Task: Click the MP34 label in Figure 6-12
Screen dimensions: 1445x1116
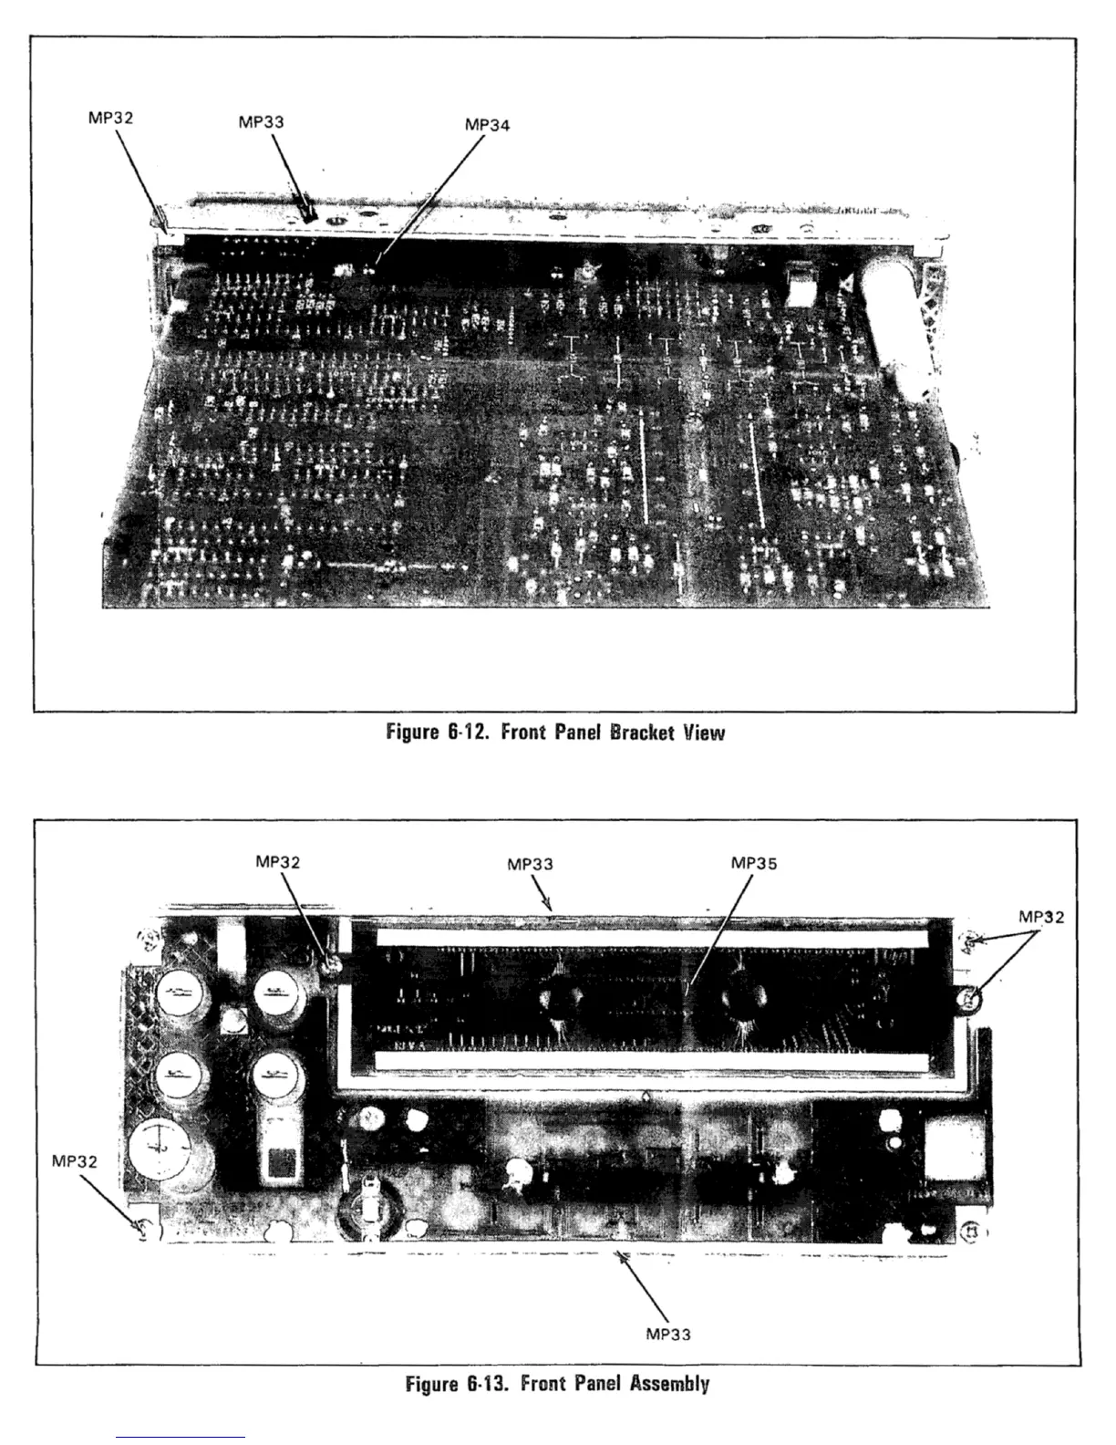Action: coord(487,125)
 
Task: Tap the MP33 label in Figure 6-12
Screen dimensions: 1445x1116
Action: coord(261,121)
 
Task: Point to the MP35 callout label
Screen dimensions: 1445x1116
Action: coord(754,863)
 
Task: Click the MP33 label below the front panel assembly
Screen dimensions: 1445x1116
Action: coord(668,1334)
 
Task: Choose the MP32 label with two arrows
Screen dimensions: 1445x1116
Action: coord(1040,917)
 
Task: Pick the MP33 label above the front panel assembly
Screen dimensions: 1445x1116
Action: coord(530,864)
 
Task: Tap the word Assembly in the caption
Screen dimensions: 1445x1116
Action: coord(669,1383)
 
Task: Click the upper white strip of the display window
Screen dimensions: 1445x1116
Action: coord(651,937)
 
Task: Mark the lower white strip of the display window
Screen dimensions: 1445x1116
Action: coord(651,1061)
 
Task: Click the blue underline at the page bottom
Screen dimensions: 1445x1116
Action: coord(181,1438)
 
